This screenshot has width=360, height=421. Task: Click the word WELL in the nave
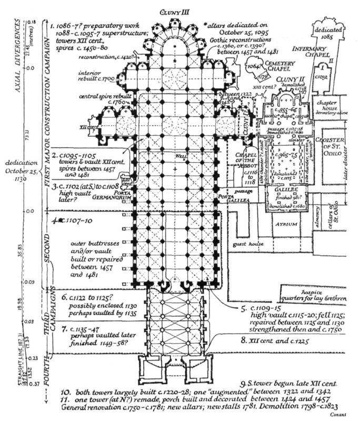click(x=175, y=156)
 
